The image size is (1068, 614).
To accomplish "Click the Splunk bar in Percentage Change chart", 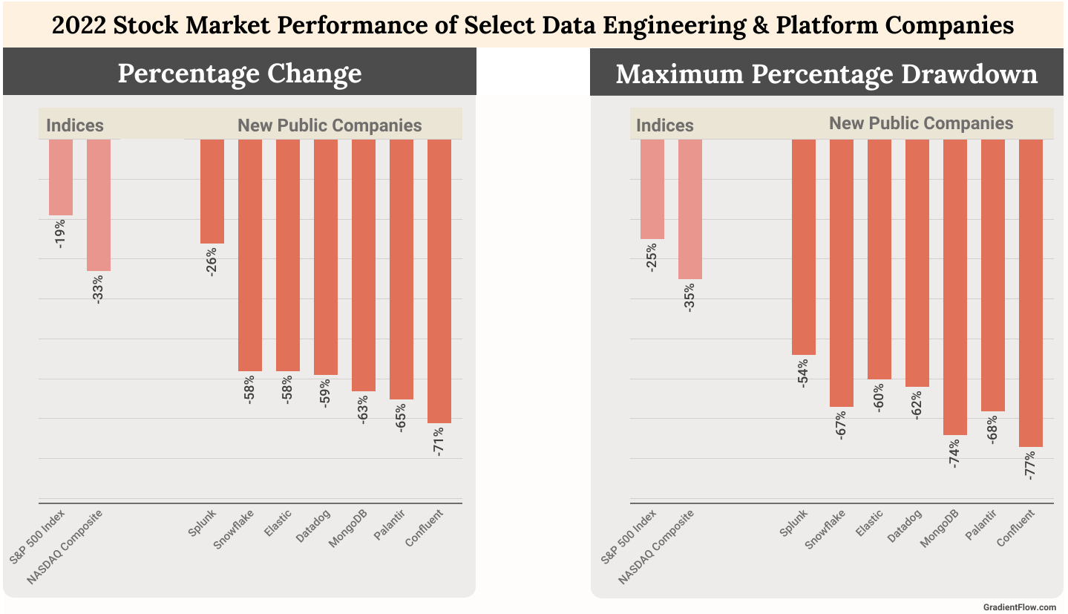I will tap(212, 191).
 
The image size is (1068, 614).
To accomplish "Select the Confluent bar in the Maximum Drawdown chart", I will tap(1030, 293).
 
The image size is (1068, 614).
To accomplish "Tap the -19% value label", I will tap(60, 233).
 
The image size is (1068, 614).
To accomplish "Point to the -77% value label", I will tap(1030, 465).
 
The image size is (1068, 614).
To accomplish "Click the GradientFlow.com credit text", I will tap(1018, 607).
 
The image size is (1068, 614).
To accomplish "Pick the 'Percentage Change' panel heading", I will tap(239, 73).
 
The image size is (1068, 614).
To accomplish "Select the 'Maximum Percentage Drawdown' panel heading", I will tap(826, 74).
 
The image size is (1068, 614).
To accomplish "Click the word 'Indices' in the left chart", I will tap(75, 125).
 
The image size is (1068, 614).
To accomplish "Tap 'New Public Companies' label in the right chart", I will tap(920, 123).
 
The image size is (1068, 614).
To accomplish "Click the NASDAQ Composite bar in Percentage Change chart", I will tap(99, 205).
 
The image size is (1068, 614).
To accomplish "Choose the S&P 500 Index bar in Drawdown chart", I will tap(652, 189).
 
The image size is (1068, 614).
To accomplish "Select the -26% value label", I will tap(212, 262).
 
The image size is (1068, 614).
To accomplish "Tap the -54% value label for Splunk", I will tap(803, 373).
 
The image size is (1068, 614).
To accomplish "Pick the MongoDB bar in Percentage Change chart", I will tap(363, 264).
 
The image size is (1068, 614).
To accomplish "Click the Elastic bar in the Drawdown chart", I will tap(879, 259).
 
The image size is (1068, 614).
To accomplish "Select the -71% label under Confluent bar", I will tap(439, 441).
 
